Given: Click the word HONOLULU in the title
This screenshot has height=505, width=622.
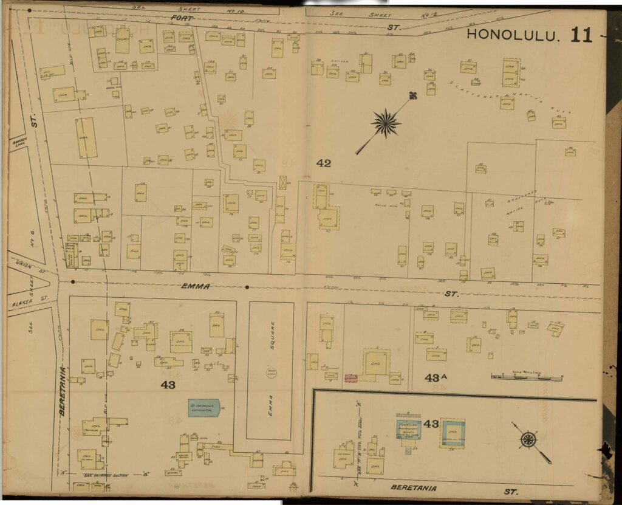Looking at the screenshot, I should (x=513, y=35).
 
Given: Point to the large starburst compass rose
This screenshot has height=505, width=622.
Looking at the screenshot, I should (x=386, y=123).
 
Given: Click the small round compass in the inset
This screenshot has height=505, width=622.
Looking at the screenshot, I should (x=528, y=439).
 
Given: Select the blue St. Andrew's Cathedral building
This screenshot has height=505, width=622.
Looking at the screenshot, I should (x=203, y=407).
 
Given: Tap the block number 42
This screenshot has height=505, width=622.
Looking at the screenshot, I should (x=324, y=163).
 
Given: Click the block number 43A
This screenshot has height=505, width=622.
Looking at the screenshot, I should (x=436, y=377).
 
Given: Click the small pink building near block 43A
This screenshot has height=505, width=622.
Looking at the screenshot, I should (x=350, y=378).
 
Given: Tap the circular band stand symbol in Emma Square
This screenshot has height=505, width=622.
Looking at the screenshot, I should (x=271, y=372).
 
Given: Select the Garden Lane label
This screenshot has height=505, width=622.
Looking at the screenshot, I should (x=16, y=142).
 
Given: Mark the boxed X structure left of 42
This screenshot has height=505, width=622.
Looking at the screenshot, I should (x=282, y=182).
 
